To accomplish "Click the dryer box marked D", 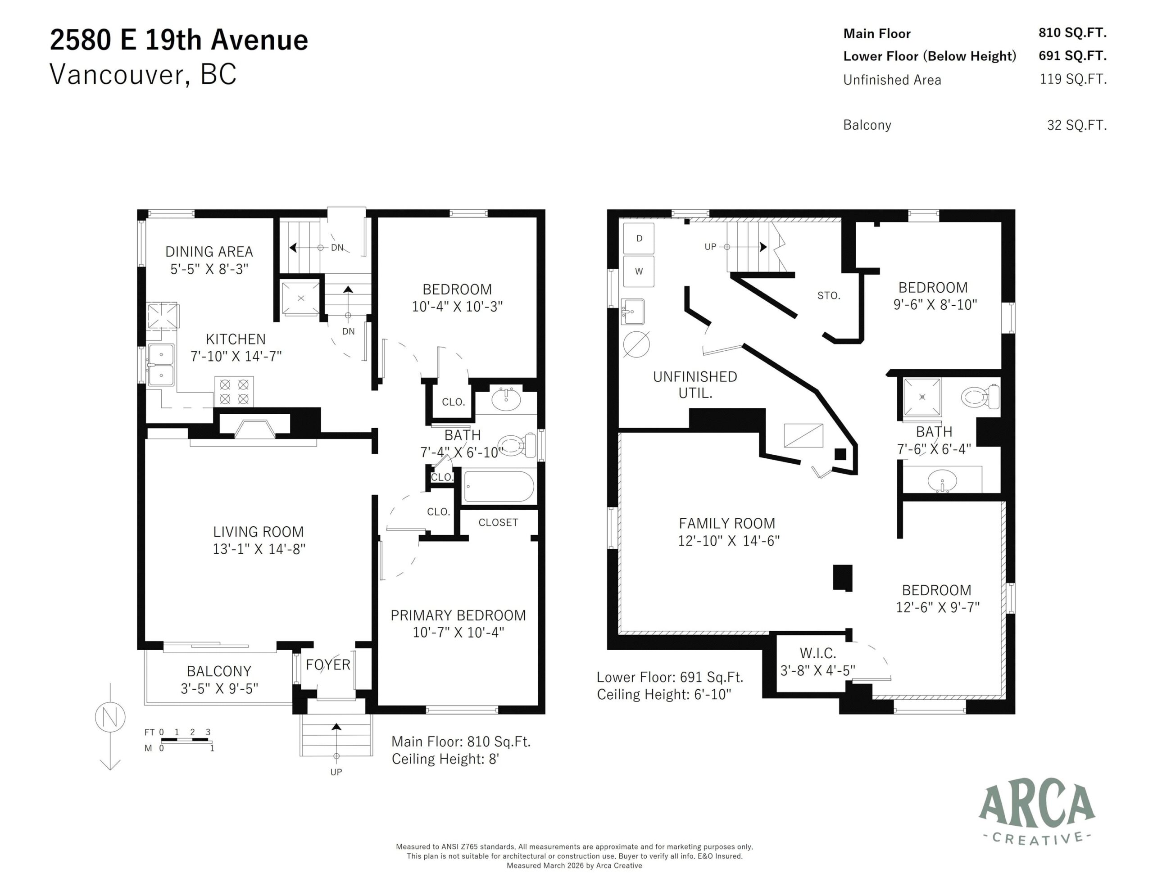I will (639, 239).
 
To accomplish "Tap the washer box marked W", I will (639, 271).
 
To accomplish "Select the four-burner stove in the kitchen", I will (234, 392).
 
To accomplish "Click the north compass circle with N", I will (110, 717).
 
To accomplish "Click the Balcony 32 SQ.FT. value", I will (1076, 125).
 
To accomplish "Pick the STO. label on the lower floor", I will (828, 296).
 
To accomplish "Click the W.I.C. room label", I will (818, 653).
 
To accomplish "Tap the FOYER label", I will (328, 665).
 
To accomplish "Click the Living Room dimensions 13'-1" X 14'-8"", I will (259, 549).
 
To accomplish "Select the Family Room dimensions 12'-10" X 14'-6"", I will (729, 541).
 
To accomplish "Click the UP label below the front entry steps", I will (336, 772).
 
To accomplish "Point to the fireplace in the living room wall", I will (254, 426).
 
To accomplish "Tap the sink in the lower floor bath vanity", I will (942, 481).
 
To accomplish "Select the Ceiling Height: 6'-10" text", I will (663, 694).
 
